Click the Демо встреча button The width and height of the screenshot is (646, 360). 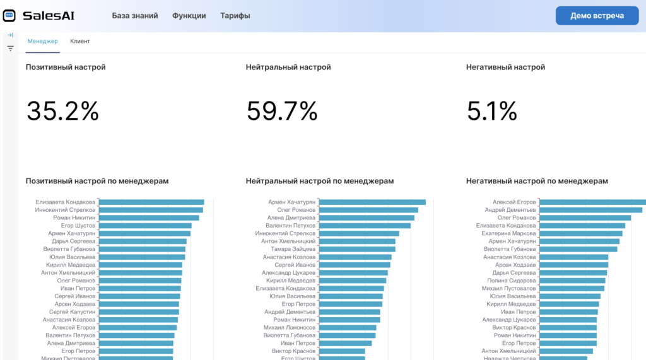597,16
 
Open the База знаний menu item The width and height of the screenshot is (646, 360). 135,16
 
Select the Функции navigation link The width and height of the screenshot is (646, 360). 189,16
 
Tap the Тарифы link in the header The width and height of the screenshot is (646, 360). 235,16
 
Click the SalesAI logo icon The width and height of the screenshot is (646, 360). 9,16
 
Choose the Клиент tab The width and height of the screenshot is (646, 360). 80,42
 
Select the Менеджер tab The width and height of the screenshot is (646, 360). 43,42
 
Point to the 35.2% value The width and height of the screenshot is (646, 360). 62,112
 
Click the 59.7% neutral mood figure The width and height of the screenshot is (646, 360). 281,112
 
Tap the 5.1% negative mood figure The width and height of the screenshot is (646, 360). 492,112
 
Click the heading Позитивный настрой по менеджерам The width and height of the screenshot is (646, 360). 97,181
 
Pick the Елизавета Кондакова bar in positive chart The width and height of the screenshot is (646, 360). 151,202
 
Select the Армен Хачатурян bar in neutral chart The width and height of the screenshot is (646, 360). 372,202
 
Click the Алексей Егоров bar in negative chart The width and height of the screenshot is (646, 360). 592,202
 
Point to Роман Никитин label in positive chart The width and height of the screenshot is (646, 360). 74,218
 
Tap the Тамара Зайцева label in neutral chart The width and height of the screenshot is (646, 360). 289,249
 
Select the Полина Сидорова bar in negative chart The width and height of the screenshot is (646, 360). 572,281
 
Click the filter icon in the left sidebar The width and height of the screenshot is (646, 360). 10,49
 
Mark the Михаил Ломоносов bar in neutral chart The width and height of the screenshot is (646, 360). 348,328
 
